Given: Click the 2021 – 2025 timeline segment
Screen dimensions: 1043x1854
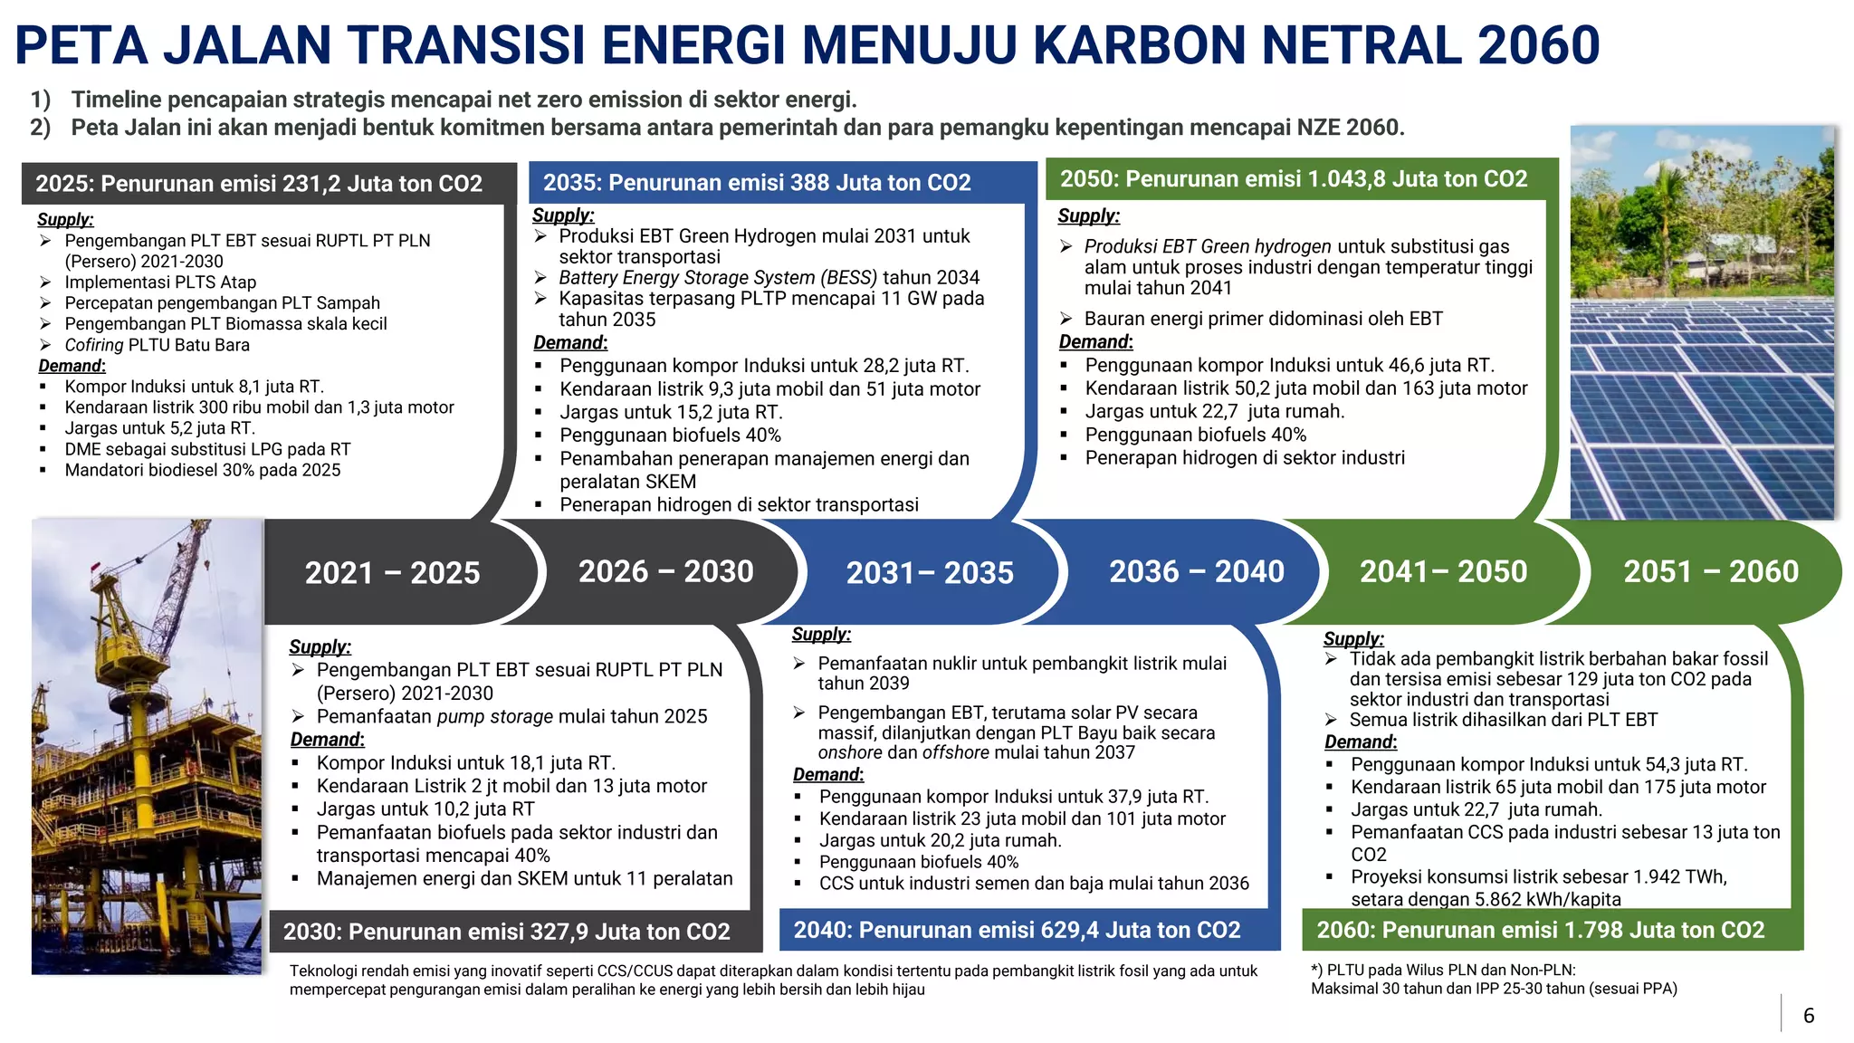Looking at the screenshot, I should point(392,572).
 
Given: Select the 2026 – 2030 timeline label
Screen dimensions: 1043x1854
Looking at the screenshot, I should point(665,571).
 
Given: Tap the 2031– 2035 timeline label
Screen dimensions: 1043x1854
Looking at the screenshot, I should point(930,572).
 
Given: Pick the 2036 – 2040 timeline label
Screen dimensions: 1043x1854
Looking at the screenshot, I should point(1196,571).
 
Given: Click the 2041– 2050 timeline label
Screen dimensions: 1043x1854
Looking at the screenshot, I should point(1443,571).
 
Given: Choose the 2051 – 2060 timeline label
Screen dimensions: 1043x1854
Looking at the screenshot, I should point(1710,571).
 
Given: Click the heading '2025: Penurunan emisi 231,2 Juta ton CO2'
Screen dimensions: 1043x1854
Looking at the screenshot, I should point(259,184).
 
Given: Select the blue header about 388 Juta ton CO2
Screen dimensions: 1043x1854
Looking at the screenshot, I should point(757,183).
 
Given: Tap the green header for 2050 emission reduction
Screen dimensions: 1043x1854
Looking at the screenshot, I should point(1294,178).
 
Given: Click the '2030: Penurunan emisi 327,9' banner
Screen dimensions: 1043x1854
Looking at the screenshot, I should point(506,932).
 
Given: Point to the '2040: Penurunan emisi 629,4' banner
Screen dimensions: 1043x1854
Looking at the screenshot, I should point(1017,930).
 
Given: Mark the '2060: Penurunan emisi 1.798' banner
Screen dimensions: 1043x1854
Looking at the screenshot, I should point(1540,930).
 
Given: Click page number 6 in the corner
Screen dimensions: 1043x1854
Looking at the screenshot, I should point(1808,1015).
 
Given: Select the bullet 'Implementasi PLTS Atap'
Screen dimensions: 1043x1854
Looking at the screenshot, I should point(160,282).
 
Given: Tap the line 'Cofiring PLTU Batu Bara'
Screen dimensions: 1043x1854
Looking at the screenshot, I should point(157,345).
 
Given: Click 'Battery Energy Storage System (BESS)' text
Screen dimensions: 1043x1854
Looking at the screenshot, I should point(718,278).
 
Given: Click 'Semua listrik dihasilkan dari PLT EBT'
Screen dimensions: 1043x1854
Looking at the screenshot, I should point(1503,720).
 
